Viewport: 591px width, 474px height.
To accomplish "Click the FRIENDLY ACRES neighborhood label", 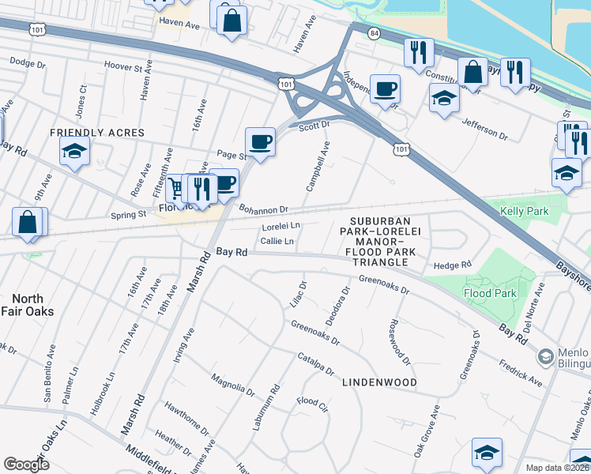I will tap(98, 133).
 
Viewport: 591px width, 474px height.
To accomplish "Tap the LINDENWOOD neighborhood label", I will tap(379, 382).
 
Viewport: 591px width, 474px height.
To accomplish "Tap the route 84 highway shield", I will tap(373, 32).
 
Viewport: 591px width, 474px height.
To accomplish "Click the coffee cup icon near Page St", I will tap(260, 142).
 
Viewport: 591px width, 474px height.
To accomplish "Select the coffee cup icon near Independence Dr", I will tap(385, 88).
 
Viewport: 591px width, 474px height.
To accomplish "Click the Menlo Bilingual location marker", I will tap(544, 358).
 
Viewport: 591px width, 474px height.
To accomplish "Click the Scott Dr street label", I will tap(314, 124).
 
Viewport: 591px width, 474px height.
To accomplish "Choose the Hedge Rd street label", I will tap(451, 265).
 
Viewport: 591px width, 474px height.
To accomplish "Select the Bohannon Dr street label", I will tap(265, 209).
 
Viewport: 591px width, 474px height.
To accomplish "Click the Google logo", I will tap(26, 464).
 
